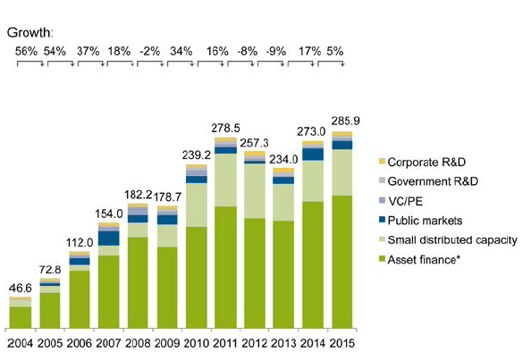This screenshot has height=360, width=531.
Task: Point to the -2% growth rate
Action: point(150,51)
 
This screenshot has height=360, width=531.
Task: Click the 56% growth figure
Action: point(26,51)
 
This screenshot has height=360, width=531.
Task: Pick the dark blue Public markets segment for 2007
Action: point(109,239)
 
